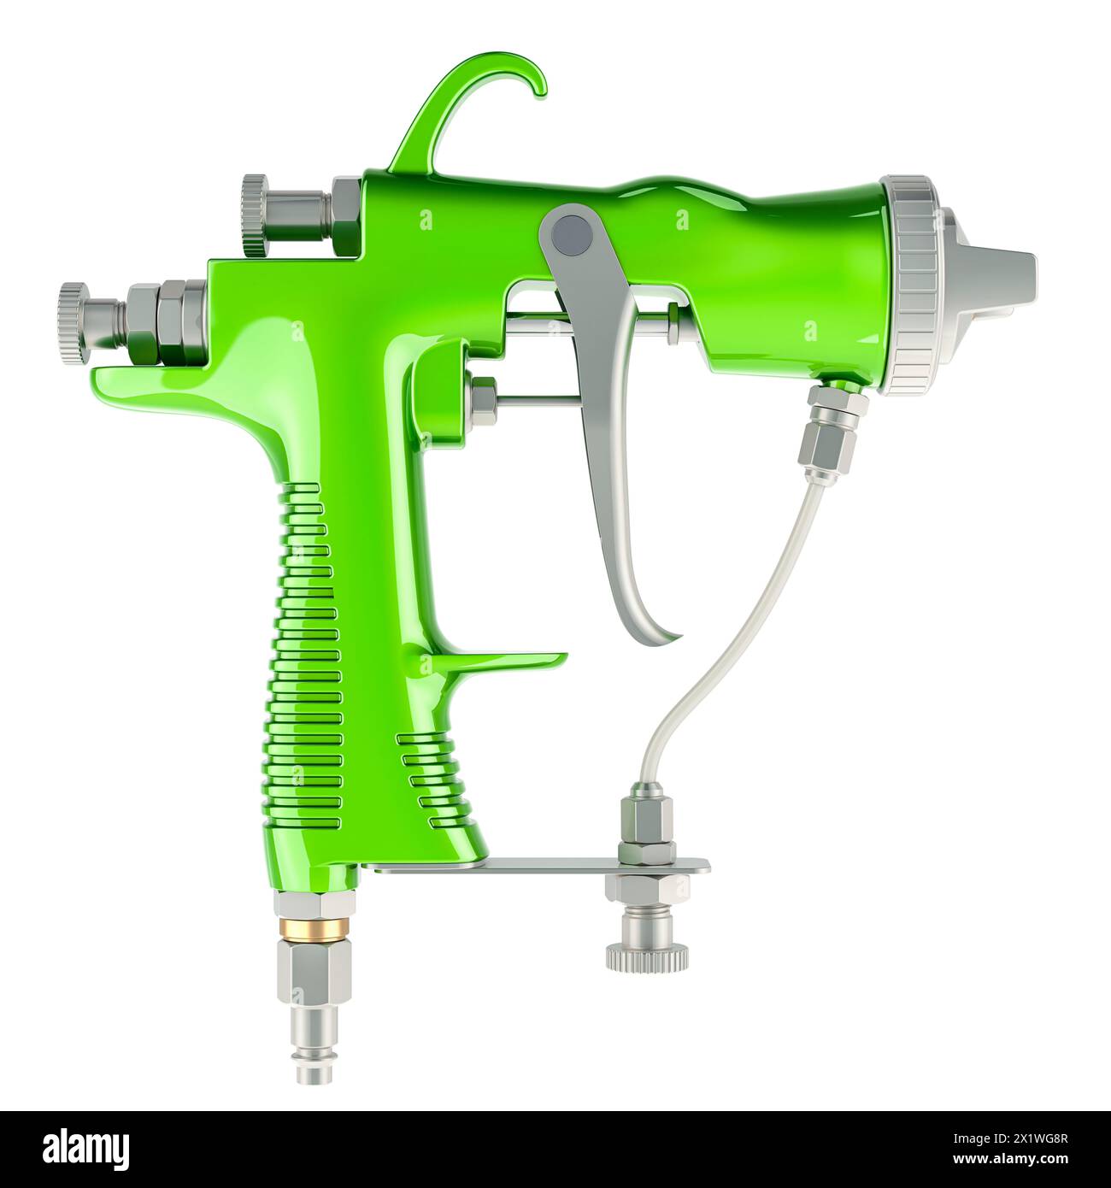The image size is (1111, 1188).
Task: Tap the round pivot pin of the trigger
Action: pyautogui.click(x=570, y=232)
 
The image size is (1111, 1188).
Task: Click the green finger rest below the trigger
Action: pyautogui.click(x=504, y=662)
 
